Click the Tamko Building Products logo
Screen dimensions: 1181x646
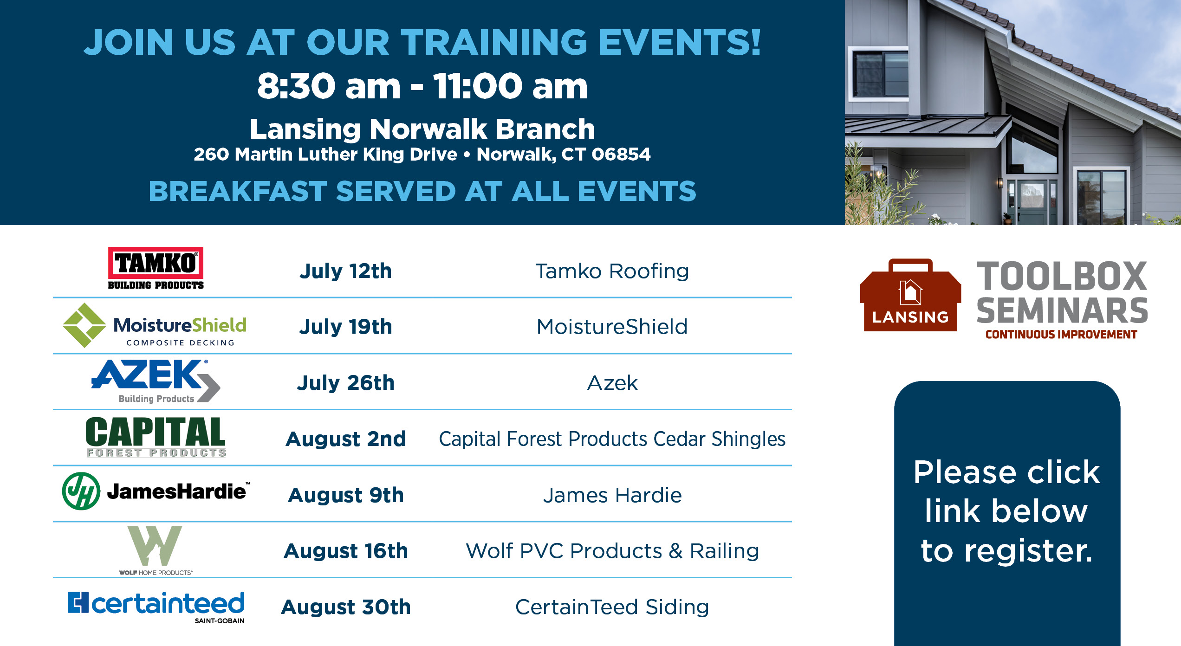coord(156,268)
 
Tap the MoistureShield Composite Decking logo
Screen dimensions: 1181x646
coord(155,325)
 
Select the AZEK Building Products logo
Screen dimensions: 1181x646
coord(156,381)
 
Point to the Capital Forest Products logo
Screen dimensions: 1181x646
coord(156,436)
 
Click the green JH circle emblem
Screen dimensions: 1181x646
coord(81,491)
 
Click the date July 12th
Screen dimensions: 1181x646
coord(345,271)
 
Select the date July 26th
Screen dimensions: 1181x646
coord(345,383)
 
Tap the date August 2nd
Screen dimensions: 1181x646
coord(345,439)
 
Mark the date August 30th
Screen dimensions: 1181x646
coord(345,607)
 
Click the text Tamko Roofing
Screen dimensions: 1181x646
coord(612,271)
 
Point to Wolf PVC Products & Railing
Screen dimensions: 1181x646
coord(612,551)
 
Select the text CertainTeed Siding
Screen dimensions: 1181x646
coord(612,607)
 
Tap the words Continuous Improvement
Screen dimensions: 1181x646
coord(1061,335)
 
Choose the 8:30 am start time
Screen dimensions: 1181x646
coord(329,86)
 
